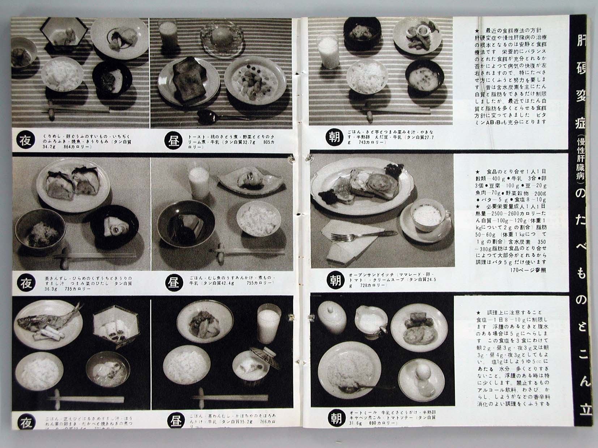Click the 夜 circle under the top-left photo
point(26,141)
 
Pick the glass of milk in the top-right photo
point(327,51)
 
